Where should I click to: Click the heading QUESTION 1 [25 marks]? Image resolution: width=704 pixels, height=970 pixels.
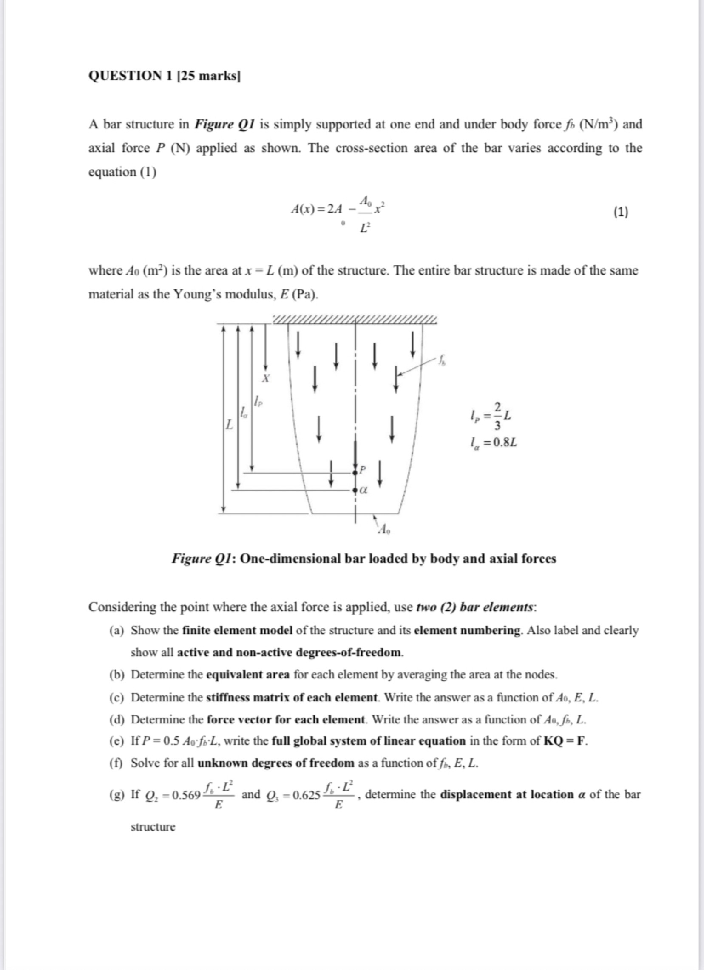[164, 76]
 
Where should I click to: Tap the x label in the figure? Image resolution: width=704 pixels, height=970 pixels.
[266, 378]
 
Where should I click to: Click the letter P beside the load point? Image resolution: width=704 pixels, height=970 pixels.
[363, 470]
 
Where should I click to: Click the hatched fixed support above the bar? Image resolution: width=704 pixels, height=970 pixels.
[355, 320]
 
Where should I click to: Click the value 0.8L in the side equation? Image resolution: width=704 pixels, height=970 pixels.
[505, 442]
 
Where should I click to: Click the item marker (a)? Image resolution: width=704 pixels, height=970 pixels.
[116, 630]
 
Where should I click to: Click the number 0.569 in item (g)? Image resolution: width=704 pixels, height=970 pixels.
[187, 795]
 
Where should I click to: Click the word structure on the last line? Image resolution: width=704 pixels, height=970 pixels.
[153, 827]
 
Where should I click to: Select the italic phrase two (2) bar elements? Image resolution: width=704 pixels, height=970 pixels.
[475, 607]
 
